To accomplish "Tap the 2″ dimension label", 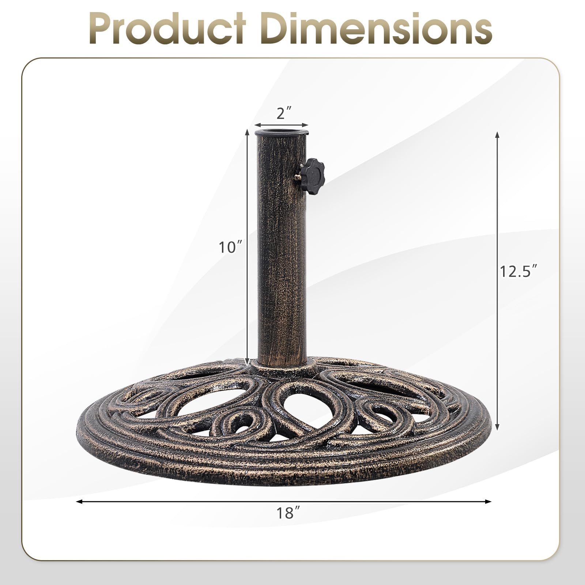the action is [282, 114].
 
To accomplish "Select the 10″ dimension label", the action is [231, 248].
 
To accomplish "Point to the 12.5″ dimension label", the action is [519, 271].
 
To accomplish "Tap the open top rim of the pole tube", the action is [281, 133].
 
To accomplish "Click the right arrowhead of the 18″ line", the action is [488, 501].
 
